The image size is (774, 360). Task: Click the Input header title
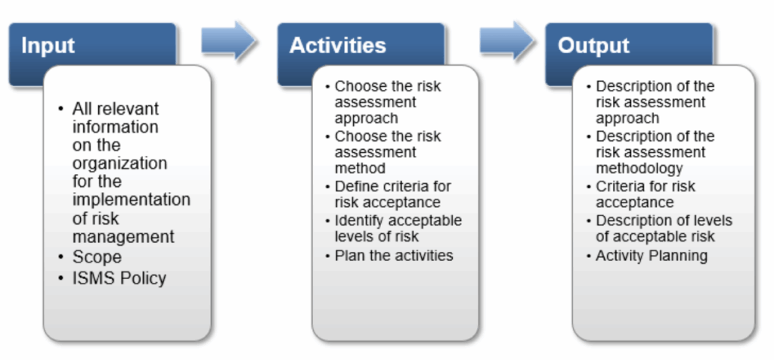(48, 46)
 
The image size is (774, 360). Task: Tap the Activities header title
(338, 45)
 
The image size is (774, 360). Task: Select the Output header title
(593, 46)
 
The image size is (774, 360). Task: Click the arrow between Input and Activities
(228, 41)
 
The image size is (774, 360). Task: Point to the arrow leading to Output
(506, 41)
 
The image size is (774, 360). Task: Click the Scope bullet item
(97, 257)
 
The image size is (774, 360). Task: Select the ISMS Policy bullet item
(119, 278)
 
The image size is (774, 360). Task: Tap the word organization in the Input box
(120, 163)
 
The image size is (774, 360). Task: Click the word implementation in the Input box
(132, 200)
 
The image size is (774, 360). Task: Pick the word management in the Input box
(123, 237)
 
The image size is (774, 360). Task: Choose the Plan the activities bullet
(394, 256)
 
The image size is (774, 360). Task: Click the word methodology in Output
(639, 169)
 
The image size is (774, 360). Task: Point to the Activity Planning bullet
(652, 256)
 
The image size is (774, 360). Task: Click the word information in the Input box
(116, 127)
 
